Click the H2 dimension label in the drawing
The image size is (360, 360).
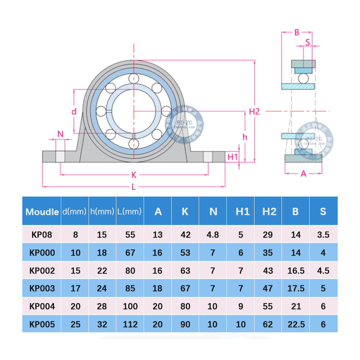pyautogui.click(x=254, y=112)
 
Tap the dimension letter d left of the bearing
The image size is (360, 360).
pyautogui.click(x=74, y=112)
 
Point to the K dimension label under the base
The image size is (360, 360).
pyautogui.click(x=134, y=175)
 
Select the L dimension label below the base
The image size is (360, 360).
pyautogui.click(x=134, y=187)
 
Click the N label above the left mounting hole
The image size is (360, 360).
pyautogui.click(x=60, y=134)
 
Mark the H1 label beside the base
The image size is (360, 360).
pyautogui.click(x=233, y=157)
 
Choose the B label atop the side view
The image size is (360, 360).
pyautogui.click(x=297, y=32)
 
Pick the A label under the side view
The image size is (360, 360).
pyautogui.click(x=303, y=174)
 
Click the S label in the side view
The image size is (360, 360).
pyautogui.click(x=307, y=42)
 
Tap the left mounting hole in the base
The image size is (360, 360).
pyautogui.click(x=60, y=157)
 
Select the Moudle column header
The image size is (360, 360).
pyautogui.click(x=42, y=212)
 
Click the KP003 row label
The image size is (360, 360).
pyautogui.click(x=42, y=288)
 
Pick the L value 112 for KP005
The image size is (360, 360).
pyautogui.click(x=130, y=324)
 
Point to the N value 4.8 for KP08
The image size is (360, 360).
pyautogui.click(x=213, y=235)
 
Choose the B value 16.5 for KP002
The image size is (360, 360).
pyautogui.click(x=296, y=271)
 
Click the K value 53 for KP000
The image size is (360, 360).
pyautogui.click(x=185, y=253)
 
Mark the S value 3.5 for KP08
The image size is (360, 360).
pyautogui.click(x=323, y=235)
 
